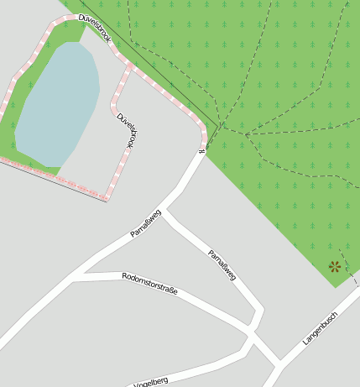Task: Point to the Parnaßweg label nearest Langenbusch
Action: click(x=222, y=264)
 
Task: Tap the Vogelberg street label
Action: click(x=151, y=382)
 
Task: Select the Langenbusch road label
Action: click(x=319, y=329)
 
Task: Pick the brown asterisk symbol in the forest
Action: click(x=335, y=267)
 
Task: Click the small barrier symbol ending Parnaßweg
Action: click(x=201, y=152)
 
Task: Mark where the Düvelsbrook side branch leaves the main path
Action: click(x=132, y=65)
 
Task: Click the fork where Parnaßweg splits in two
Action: click(x=164, y=209)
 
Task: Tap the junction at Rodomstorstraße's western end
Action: click(x=78, y=275)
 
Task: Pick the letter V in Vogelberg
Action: click(x=136, y=385)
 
